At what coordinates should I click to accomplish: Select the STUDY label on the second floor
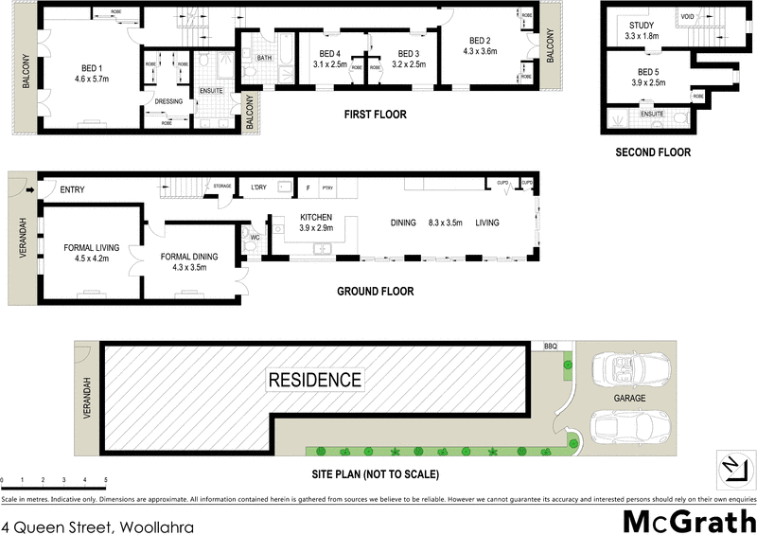point(642,25)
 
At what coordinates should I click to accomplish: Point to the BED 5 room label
point(649,71)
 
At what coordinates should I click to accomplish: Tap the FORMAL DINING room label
point(189,256)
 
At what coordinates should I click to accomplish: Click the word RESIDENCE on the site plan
point(314,380)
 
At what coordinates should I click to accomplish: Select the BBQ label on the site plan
point(551,348)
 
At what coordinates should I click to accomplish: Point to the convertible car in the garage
point(629,370)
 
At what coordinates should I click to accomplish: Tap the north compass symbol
point(730,466)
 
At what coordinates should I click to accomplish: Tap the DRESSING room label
point(167,101)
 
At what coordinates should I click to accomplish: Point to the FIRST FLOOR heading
point(375,115)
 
